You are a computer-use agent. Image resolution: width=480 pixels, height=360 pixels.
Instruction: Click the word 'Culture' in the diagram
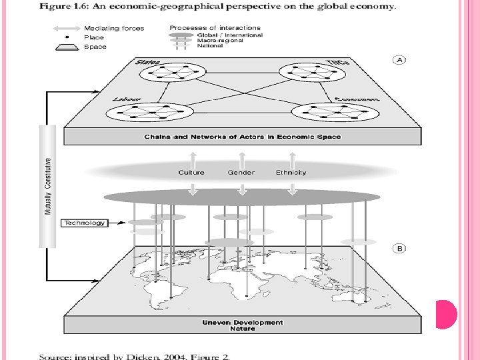[x=191, y=173]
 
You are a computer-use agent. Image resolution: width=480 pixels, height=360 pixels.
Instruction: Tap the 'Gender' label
[x=241, y=173]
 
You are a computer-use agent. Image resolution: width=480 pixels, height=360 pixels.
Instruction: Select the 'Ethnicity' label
[x=291, y=173]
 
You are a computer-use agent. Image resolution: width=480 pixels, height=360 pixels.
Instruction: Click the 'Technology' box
[x=85, y=223]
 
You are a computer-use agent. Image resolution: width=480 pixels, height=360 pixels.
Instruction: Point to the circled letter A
[x=400, y=59]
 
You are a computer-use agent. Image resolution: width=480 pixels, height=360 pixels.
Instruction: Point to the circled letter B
[x=400, y=249]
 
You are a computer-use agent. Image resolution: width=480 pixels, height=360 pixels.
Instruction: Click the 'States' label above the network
[x=148, y=62]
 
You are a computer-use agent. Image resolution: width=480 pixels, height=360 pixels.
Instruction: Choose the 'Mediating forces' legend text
[x=114, y=29]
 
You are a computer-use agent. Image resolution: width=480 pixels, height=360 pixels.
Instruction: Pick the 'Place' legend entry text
[x=94, y=37]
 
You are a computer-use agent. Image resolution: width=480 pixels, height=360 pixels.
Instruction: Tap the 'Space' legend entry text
[x=95, y=47]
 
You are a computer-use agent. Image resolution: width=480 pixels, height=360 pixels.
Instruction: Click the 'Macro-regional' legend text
[x=220, y=41]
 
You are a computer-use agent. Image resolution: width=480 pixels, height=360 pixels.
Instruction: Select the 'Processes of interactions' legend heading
[x=215, y=27]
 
